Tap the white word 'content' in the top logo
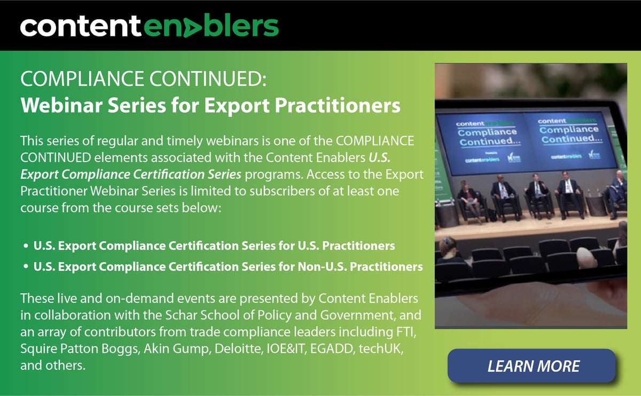(x=80, y=26)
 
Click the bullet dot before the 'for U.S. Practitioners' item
(x=26, y=247)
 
